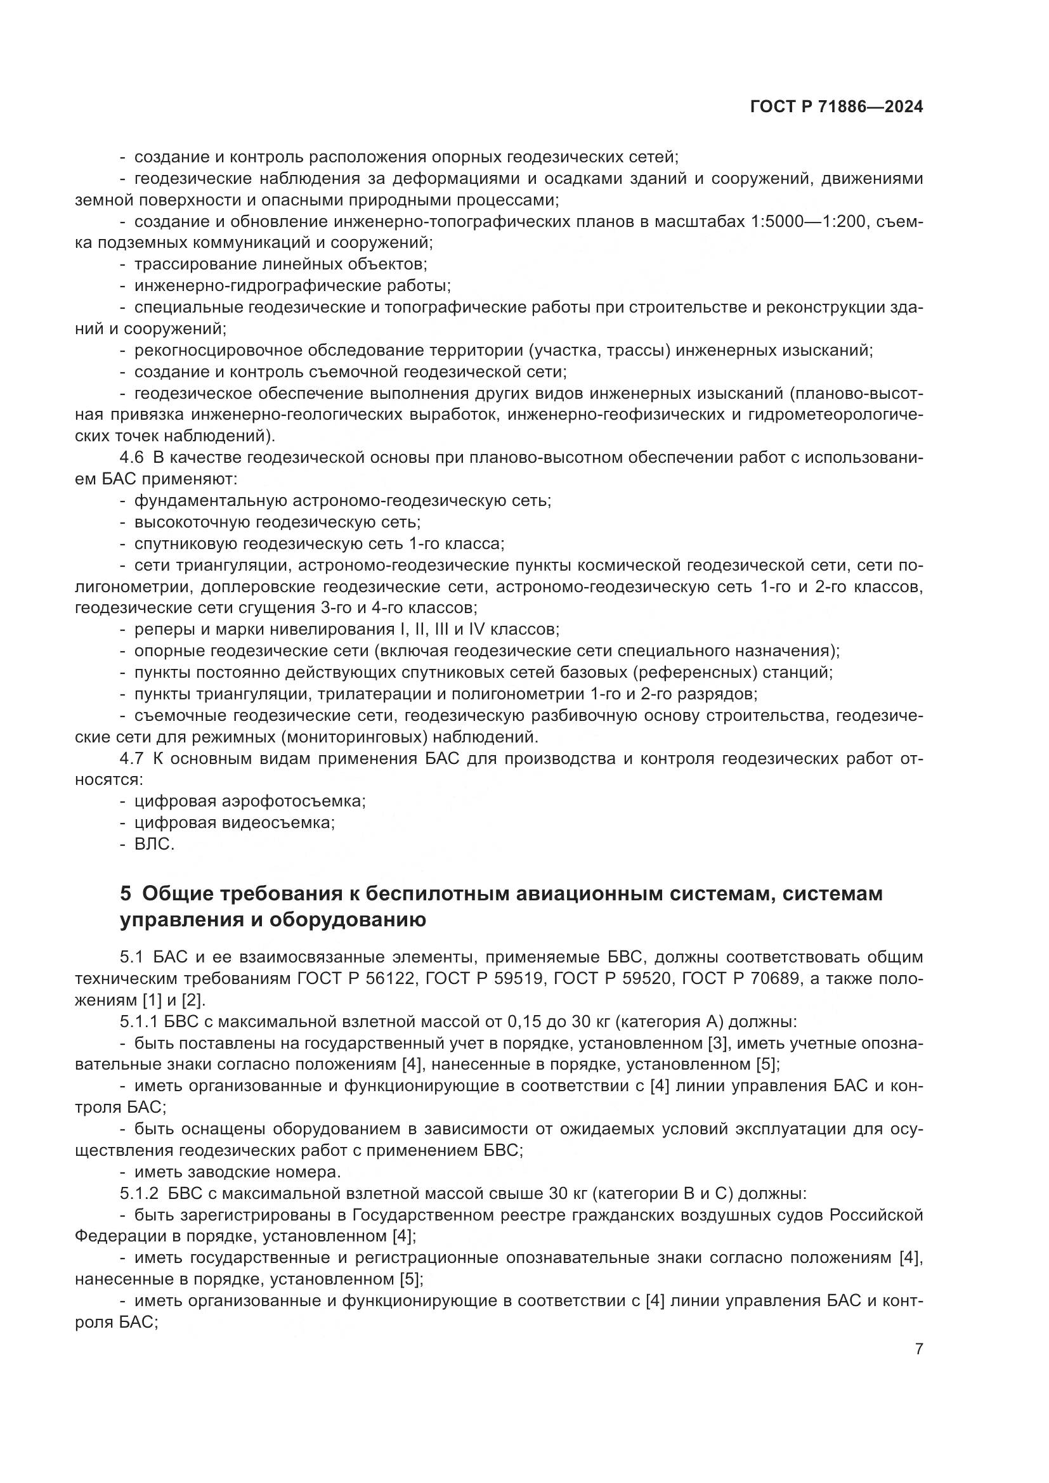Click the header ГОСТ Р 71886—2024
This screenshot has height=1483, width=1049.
pos(837,107)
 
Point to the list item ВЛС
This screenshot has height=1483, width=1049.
pos(154,845)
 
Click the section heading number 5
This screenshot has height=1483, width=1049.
pos(126,894)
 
